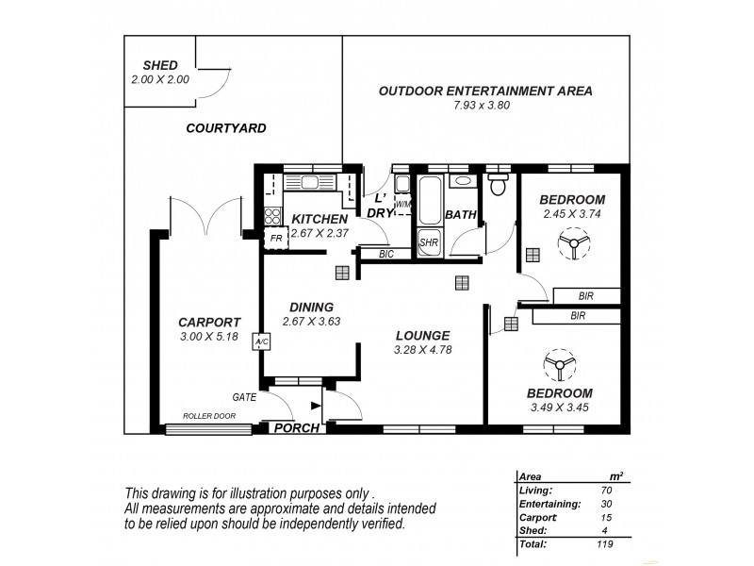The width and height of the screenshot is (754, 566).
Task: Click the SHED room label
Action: point(160,65)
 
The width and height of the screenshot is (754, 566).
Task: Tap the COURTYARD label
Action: point(225,127)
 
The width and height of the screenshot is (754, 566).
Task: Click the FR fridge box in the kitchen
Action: point(276,239)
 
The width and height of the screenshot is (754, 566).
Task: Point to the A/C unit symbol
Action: point(261,341)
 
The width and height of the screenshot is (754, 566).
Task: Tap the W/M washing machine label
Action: point(402,204)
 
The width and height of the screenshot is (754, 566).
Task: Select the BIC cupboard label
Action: point(386,254)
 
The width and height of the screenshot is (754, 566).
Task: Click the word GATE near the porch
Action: point(244,397)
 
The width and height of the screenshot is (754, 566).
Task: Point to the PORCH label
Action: point(296,428)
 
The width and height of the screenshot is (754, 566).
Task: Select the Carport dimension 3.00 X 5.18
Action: point(208,337)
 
